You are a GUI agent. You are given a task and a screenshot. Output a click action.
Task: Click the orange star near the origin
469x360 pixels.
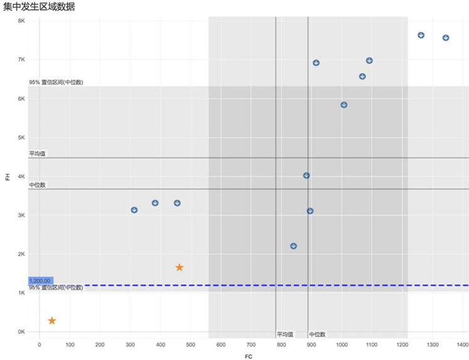tap(52, 320)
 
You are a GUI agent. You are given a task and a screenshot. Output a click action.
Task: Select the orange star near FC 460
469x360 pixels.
tap(180, 267)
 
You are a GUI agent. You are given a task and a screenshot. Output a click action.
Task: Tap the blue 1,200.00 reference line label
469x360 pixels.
tap(40, 280)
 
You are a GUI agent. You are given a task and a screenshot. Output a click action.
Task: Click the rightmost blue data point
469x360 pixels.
tap(446, 38)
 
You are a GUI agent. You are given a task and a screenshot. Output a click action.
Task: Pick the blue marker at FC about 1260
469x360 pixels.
tap(421, 35)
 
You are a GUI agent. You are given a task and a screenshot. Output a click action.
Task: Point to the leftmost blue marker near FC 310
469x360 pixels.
tap(134, 209)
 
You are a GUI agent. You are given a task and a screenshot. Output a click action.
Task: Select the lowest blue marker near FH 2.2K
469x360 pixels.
tap(293, 246)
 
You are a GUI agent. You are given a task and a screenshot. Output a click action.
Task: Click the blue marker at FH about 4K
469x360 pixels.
tap(306, 176)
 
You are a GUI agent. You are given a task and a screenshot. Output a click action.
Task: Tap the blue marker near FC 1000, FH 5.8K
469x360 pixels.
tap(344, 105)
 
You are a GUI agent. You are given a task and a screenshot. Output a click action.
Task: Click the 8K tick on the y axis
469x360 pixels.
tap(21, 21)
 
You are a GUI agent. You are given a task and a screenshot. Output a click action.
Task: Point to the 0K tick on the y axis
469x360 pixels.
tap(21, 332)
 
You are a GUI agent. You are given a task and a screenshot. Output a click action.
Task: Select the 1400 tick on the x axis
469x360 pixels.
tap(463, 344)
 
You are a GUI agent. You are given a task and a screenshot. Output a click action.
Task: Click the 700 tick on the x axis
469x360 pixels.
tap(251, 344)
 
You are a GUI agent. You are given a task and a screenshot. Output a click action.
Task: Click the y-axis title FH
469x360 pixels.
tap(8, 177)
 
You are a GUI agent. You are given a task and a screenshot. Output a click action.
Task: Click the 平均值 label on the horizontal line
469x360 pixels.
tap(38, 154)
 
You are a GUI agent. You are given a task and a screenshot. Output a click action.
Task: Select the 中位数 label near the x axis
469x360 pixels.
tap(317, 334)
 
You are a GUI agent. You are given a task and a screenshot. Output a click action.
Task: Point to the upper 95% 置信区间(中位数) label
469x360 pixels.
tap(56, 82)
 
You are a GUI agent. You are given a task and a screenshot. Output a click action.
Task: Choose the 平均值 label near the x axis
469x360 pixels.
tap(285, 334)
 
